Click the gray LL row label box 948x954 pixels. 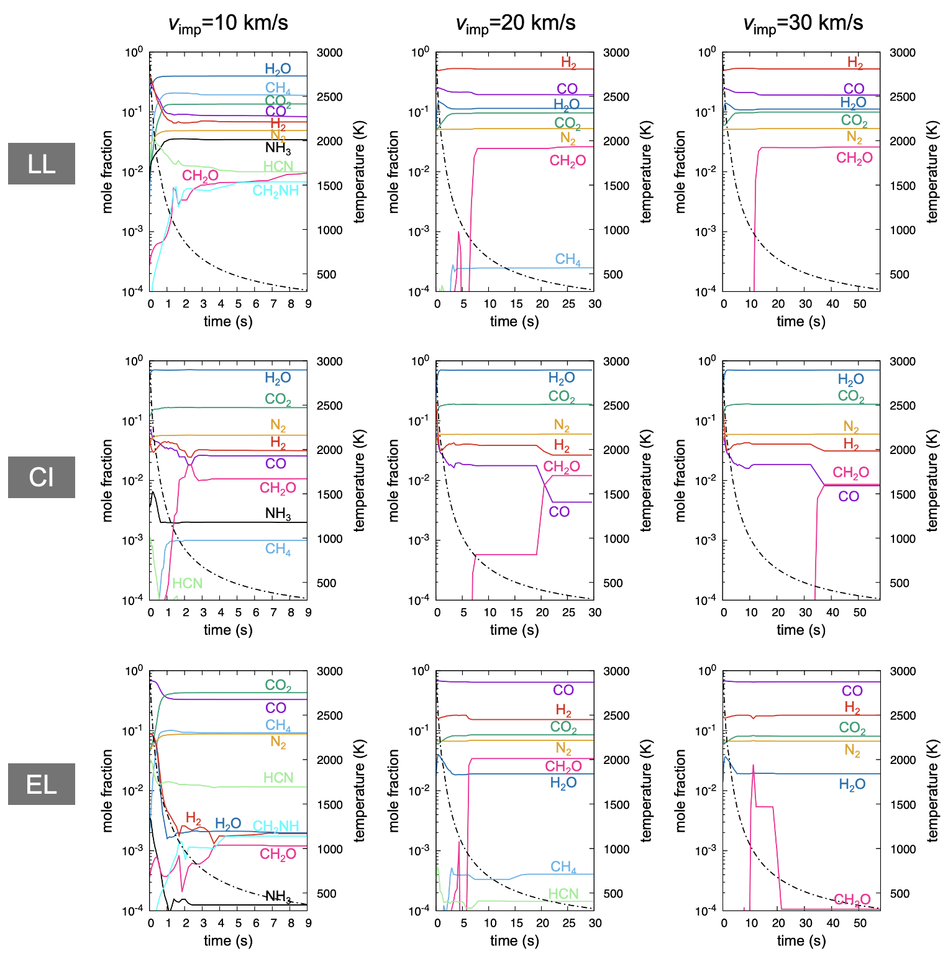coord(42,163)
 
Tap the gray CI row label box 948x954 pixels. coord(42,477)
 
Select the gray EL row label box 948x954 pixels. coord(42,784)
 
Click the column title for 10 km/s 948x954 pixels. coord(228,24)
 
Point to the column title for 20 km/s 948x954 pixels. coord(515,24)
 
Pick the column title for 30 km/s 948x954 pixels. coord(803,24)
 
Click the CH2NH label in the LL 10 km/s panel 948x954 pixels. coord(275,191)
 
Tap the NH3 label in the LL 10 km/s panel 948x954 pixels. coord(278,148)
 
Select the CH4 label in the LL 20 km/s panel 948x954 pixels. coord(568,260)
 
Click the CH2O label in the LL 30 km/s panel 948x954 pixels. coord(854,158)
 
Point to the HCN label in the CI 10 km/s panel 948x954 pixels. coord(187,583)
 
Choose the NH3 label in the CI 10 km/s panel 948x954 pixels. coord(278,514)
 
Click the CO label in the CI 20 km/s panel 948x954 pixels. coord(559,512)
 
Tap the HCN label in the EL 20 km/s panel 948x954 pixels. coord(563,894)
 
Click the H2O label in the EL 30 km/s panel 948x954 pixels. coord(852,785)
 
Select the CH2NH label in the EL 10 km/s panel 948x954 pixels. coord(275,826)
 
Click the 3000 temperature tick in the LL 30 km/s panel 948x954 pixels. coord(902,53)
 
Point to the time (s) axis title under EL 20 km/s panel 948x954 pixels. coord(514,940)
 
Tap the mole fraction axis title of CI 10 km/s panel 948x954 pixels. coord(107,480)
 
